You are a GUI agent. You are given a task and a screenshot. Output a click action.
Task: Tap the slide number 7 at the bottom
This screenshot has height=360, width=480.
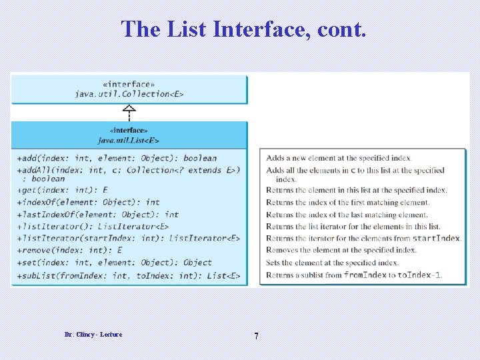256,336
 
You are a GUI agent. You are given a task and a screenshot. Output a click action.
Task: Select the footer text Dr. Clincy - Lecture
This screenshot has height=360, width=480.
93,334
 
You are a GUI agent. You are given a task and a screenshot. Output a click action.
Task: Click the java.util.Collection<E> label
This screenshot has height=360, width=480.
129,94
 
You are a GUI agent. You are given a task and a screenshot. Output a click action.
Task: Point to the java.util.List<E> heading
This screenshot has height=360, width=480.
129,140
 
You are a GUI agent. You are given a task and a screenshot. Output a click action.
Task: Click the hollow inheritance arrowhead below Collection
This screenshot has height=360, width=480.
129,109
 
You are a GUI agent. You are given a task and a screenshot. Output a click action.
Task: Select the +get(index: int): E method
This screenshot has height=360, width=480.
63,190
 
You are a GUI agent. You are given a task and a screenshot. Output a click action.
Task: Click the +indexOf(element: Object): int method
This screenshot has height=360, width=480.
89,202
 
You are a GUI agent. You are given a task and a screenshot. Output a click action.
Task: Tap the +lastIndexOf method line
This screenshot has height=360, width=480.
98,214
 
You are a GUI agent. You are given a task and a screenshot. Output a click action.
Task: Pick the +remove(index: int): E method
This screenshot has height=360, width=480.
70,250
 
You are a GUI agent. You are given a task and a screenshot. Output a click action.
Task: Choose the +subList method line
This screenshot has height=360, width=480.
129,275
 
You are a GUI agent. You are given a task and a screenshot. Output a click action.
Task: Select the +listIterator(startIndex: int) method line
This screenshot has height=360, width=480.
129,238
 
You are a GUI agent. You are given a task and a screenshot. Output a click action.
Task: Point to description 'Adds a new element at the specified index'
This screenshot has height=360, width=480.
339,158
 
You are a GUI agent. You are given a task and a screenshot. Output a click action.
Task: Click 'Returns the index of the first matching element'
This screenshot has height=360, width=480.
347,203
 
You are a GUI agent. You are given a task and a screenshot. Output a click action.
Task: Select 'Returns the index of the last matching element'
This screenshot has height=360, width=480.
347,215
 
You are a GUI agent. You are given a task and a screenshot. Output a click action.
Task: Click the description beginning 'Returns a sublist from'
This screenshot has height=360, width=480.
354,275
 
